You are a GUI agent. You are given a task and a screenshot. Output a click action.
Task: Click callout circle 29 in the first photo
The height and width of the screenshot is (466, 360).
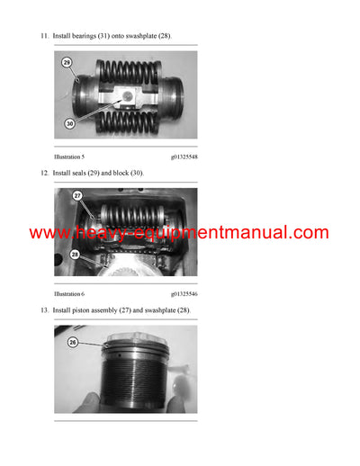click(x=67, y=63)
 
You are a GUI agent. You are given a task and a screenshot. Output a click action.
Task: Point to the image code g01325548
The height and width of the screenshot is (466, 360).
click(x=184, y=157)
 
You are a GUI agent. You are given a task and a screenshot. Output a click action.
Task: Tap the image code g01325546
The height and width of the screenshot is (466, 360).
click(x=184, y=294)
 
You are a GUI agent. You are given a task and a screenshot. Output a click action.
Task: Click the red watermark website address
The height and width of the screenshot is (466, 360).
click(x=179, y=232)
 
